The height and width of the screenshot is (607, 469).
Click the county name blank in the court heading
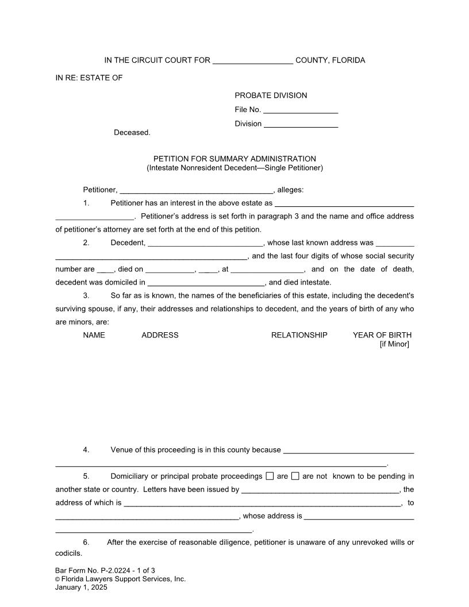[253, 61]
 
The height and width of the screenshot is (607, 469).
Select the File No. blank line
[301, 110]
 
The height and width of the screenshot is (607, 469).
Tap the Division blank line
[301, 124]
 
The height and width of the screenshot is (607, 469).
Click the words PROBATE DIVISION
[271, 95]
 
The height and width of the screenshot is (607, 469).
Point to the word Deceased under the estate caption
[132, 133]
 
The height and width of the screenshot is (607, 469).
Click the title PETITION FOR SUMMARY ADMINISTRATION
[234, 159]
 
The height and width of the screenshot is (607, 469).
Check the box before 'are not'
[295, 476]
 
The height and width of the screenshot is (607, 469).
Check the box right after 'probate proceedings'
[270, 476]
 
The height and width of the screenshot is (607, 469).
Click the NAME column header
[94, 335]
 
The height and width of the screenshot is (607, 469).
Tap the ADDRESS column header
[160, 335]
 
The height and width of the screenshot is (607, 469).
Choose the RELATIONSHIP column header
[299, 335]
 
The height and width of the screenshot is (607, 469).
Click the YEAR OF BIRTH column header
[382, 335]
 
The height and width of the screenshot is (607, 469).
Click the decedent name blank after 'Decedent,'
[205, 243]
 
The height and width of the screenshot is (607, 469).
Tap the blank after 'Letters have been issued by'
[320, 490]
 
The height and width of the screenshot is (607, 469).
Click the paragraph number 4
[86, 450]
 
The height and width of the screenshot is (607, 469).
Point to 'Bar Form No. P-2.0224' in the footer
[92, 571]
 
